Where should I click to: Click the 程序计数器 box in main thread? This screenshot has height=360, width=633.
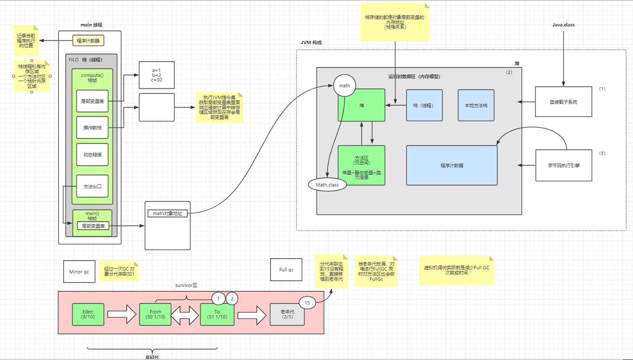(88, 41)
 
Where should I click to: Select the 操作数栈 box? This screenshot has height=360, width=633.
(92, 128)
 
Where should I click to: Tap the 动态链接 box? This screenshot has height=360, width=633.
(92, 155)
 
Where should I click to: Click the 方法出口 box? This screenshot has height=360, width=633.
(92, 186)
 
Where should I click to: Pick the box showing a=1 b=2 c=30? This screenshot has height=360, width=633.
(157, 75)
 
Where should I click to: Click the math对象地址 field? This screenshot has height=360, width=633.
(167, 213)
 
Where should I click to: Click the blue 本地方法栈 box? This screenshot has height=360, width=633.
(476, 105)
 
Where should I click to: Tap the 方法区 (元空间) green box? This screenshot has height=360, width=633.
(362, 165)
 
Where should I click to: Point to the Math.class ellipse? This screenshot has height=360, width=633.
(327, 185)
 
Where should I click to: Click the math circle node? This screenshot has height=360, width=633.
(345, 86)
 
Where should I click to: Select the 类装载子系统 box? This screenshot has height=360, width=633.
(563, 102)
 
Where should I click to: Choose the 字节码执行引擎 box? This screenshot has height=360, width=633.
(564, 166)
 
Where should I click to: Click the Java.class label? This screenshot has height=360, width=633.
(563, 25)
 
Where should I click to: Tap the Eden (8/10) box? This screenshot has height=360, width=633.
(88, 314)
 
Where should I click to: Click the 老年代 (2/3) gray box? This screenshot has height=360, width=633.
(287, 315)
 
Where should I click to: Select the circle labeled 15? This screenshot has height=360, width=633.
(307, 303)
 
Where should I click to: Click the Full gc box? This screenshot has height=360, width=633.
(286, 270)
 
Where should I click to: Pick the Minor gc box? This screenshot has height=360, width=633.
(79, 272)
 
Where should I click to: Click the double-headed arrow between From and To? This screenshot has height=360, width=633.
(185, 315)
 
